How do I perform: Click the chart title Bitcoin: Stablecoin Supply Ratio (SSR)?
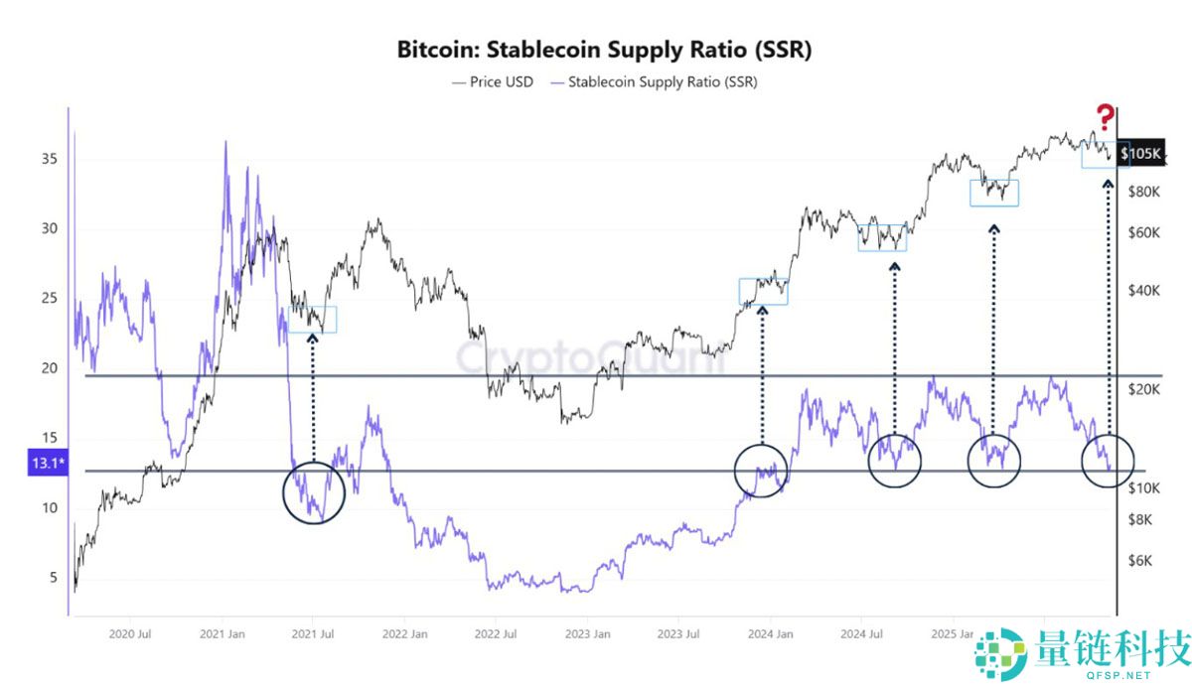604,50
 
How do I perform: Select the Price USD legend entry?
494,82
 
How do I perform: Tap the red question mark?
1104,117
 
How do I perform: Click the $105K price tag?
1138,154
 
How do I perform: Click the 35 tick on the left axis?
48,159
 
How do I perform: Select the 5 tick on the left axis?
52,578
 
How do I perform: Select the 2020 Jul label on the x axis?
131,633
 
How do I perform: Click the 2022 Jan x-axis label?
404,633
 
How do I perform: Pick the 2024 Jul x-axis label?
859,633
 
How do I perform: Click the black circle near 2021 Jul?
314,491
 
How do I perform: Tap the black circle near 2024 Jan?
761,470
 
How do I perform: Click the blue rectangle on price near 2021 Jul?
312,320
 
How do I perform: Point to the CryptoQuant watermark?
590,357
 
